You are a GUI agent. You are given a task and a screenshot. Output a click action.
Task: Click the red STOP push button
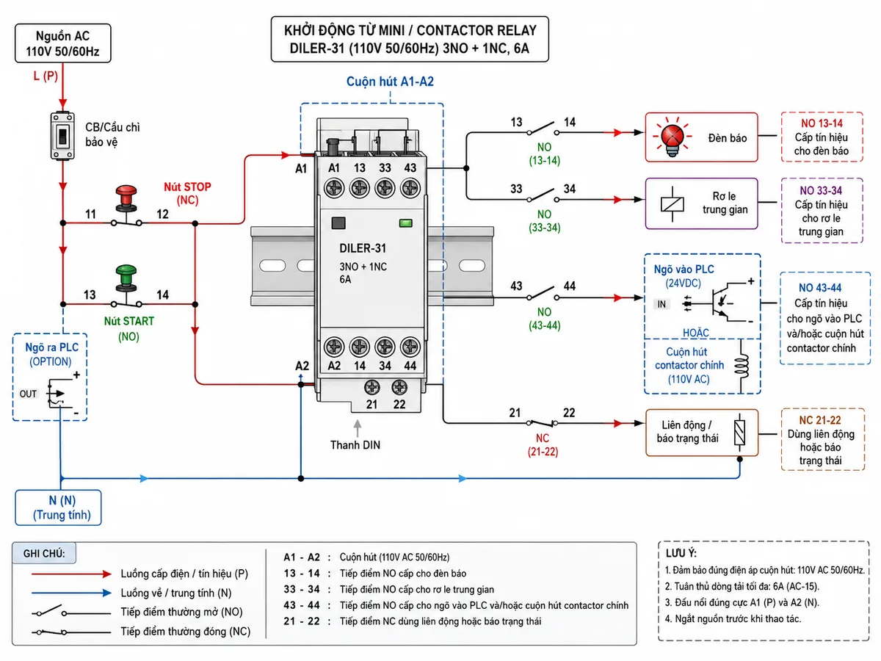(126, 198)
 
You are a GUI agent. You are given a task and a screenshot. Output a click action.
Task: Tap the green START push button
(126, 278)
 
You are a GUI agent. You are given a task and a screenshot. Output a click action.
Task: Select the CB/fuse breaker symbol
(62, 136)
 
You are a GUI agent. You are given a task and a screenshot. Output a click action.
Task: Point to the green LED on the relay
(406, 223)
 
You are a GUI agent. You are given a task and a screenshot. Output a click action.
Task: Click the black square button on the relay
(338, 223)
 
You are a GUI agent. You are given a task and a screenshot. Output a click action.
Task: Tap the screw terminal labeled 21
(371, 387)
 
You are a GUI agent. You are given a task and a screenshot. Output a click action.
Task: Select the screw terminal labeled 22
(399, 387)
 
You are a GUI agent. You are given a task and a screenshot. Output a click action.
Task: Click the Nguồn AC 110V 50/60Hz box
(63, 43)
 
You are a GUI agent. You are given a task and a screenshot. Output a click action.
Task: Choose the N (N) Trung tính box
(58, 508)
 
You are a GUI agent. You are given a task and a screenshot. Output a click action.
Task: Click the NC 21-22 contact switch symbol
(542, 423)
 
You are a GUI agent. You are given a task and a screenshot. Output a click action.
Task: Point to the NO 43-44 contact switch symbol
(543, 293)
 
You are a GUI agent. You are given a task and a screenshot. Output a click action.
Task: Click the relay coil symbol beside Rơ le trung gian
(672, 204)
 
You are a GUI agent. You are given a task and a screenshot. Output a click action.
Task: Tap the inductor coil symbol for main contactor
(742, 365)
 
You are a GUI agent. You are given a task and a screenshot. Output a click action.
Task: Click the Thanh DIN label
(355, 445)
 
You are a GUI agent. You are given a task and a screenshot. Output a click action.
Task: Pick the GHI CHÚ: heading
(44, 554)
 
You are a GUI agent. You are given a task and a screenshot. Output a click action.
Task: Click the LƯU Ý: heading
(681, 554)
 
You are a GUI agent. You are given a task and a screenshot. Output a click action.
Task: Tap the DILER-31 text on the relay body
(363, 248)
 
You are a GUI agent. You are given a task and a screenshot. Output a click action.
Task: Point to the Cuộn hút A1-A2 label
(390, 82)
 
